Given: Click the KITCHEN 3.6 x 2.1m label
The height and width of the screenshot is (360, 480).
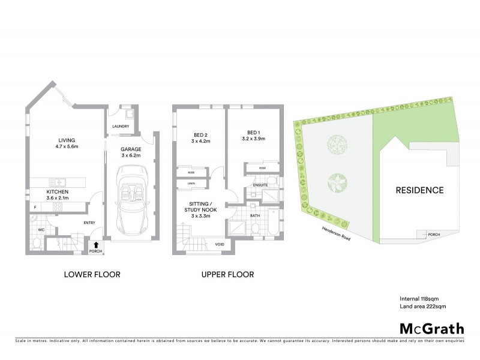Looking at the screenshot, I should [58, 195].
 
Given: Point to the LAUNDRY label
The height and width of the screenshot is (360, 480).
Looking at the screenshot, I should [122, 126].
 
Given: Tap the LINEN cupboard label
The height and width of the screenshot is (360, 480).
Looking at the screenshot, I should [191, 183].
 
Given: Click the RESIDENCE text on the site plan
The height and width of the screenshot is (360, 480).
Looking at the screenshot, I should [419, 191].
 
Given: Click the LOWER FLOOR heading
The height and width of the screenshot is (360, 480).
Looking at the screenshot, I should [92, 274].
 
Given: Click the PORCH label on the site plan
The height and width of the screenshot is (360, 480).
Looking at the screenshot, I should [433, 234].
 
